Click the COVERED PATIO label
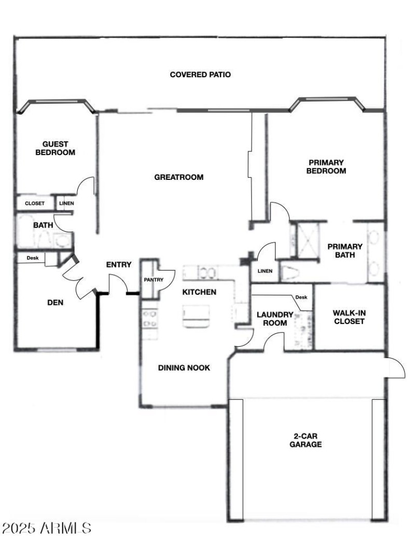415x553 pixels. [200, 75]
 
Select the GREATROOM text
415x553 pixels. [179, 177]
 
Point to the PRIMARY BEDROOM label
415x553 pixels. [326, 166]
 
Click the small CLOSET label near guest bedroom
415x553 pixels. [35, 203]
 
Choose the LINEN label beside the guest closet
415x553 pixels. [66, 203]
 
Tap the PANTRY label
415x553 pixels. [154, 280]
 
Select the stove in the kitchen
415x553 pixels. [150, 318]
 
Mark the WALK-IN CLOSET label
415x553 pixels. [349, 317]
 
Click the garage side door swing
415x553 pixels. [396, 368]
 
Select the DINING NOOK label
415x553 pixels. [184, 368]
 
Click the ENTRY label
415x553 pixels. [119, 265]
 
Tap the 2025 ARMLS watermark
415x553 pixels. [47, 529]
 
